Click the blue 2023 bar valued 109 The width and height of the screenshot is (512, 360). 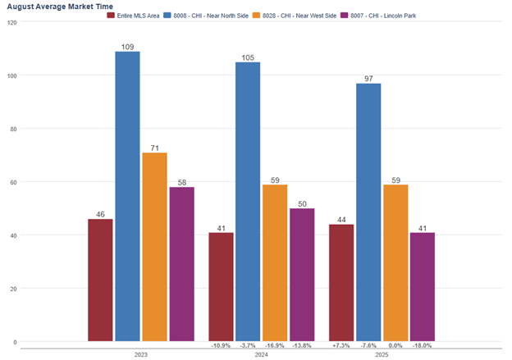click(127, 197)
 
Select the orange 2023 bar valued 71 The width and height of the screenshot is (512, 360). click(154, 247)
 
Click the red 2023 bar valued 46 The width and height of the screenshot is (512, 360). click(100, 280)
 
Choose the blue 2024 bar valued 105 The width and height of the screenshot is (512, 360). click(248, 202)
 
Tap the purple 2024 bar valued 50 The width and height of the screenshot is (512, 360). click(302, 275)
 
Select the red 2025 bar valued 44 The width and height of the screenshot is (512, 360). click(341, 283)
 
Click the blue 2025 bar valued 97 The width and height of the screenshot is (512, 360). click(368, 212)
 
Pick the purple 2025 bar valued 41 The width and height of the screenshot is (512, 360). click(423, 287)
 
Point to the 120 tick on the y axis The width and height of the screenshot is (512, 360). click(11, 22)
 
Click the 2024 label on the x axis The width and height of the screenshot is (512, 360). click(261, 354)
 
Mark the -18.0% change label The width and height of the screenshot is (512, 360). click(423, 346)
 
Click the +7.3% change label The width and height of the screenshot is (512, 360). click(341, 346)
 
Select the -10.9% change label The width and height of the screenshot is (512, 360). click(221, 346)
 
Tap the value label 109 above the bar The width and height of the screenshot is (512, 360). click(127, 46)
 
